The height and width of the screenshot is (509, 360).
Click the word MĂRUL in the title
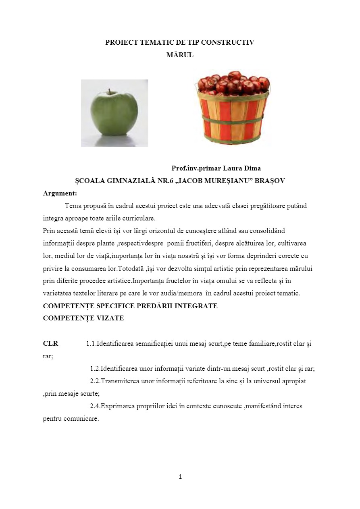180,55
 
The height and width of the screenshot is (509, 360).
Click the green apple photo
114,113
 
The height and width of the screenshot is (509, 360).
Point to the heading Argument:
60,193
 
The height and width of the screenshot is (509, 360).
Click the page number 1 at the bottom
180,477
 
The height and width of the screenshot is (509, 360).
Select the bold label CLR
50,344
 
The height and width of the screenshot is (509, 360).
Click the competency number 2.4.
94,406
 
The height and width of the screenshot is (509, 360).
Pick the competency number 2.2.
94,381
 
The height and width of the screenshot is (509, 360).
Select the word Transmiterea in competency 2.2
120,381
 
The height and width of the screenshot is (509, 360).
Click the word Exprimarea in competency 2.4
117,406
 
